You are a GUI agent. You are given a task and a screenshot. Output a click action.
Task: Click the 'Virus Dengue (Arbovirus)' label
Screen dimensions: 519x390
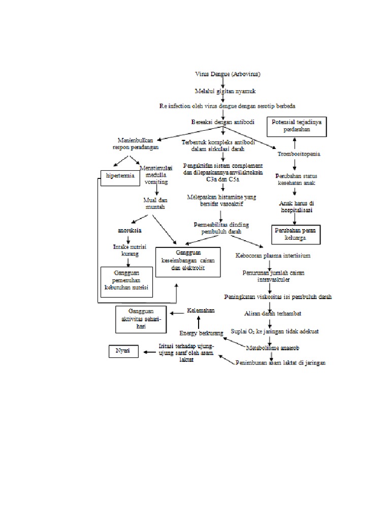click(229, 74)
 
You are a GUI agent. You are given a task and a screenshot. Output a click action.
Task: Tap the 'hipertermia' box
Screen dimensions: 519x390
click(120, 176)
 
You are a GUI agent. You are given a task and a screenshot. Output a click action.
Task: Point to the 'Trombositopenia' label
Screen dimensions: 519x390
click(299, 154)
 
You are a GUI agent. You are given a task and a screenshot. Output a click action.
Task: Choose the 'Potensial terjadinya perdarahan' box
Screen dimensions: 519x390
click(299, 126)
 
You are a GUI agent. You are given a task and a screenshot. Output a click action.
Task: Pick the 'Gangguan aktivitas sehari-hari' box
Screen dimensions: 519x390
click(140, 319)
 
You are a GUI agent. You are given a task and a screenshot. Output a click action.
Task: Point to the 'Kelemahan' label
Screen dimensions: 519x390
click(200, 310)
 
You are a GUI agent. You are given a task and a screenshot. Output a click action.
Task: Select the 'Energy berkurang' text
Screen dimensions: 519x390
click(201, 333)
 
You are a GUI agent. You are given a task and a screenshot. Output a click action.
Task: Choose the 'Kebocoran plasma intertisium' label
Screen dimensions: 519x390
click(273, 255)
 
